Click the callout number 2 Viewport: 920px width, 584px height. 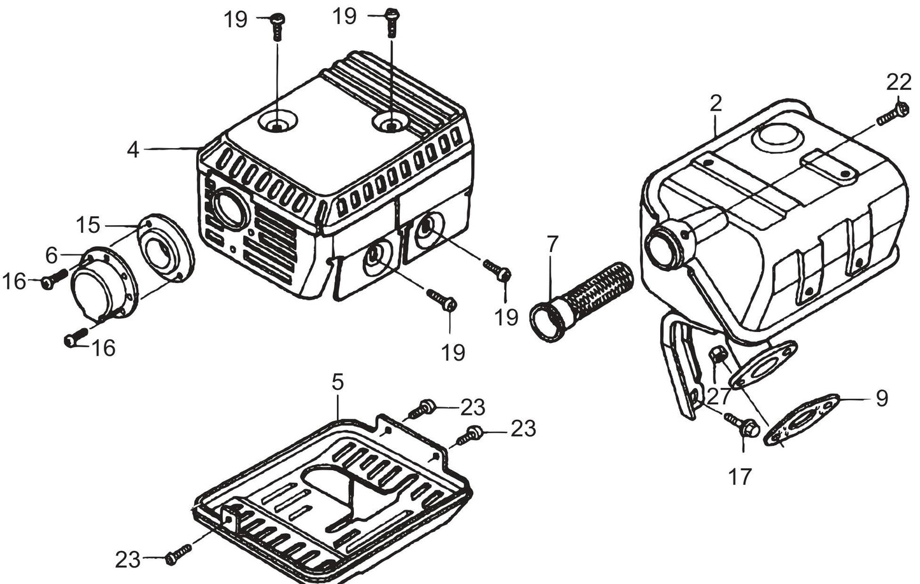716,103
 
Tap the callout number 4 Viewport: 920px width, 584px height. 132,149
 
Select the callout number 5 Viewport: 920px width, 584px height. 337,382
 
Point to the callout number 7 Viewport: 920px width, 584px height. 552,244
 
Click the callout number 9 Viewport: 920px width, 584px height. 881,398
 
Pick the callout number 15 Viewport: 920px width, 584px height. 88,225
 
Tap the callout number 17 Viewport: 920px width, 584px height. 740,476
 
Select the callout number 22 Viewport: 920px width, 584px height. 898,82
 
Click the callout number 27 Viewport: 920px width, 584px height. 719,396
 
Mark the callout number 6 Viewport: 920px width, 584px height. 52,255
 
